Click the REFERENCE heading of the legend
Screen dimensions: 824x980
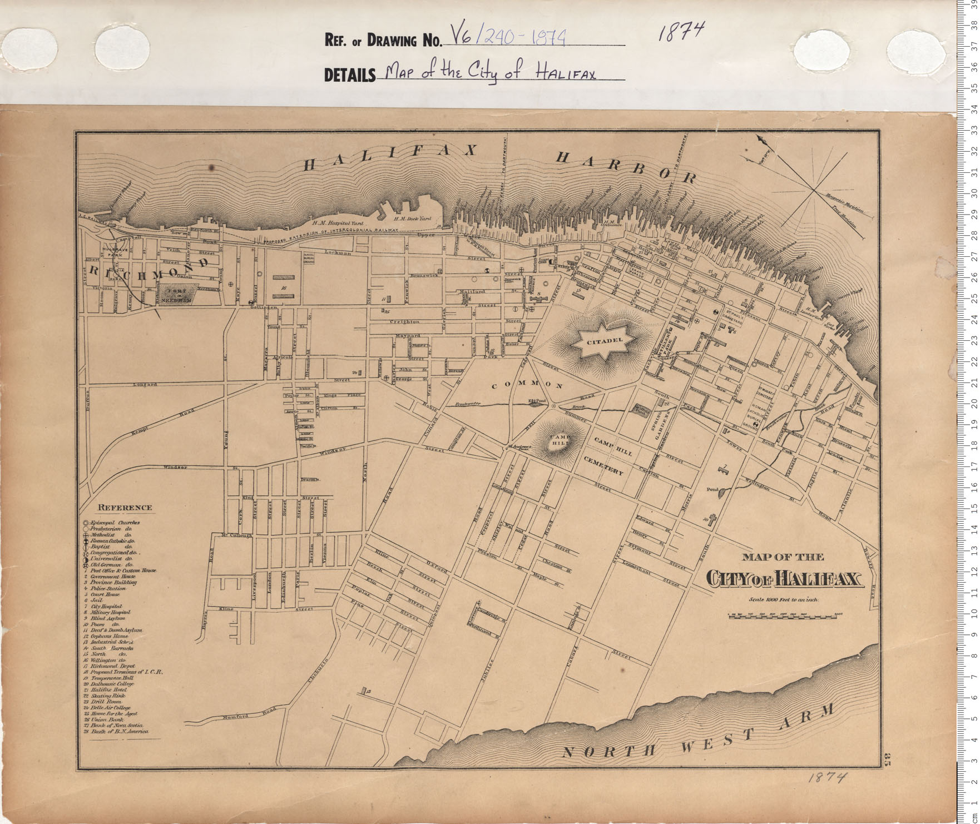coord(125,507)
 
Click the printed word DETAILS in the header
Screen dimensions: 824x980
coord(350,75)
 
